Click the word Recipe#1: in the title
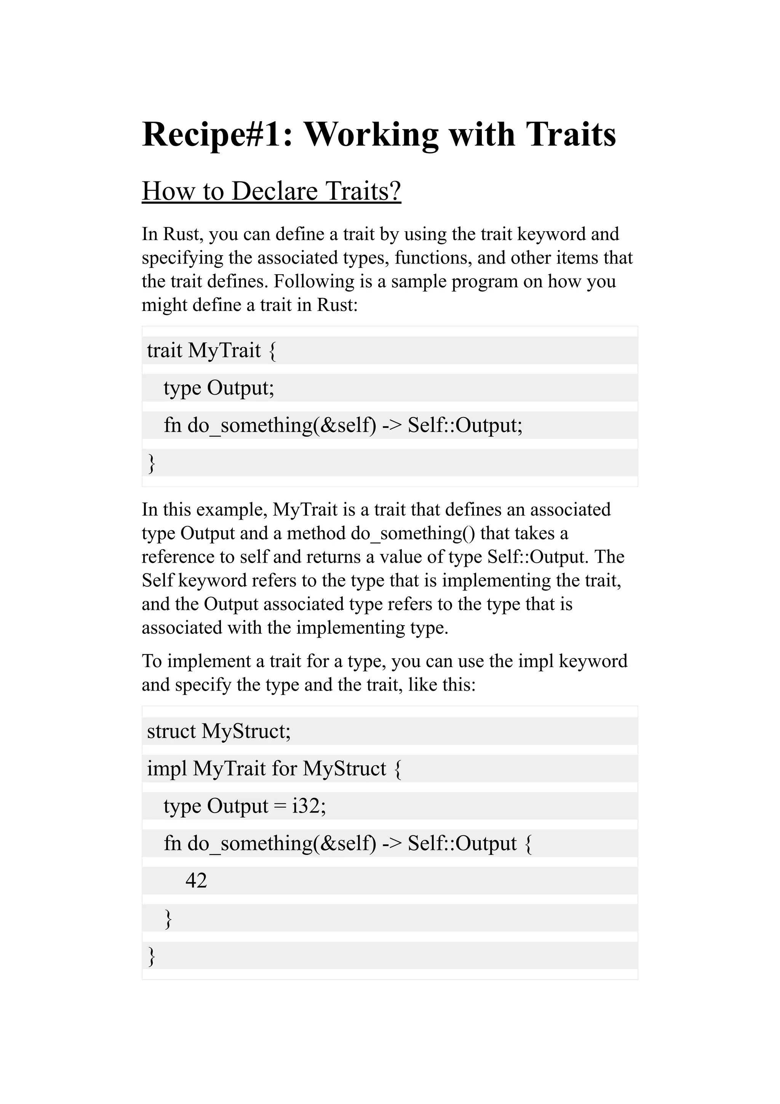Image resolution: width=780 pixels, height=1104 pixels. tap(217, 134)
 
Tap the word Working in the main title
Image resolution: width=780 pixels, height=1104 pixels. tap(371, 134)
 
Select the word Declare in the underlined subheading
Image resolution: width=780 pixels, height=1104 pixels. tap(276, 191)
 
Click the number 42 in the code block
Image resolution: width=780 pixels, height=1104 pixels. tap(196, 880)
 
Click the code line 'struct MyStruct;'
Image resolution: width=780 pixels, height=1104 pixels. tap(219, 731)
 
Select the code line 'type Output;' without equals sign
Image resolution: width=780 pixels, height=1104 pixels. tap(219, 387)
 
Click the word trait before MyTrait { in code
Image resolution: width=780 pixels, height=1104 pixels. tap(165, 350)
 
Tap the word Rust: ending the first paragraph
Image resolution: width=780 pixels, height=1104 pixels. tap(337, 305)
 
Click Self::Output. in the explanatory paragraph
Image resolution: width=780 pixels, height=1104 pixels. tap(538, 557)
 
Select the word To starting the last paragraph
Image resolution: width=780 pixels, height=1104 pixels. tap(151, 661)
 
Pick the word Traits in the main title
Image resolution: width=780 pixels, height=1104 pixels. tap(571, 134)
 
